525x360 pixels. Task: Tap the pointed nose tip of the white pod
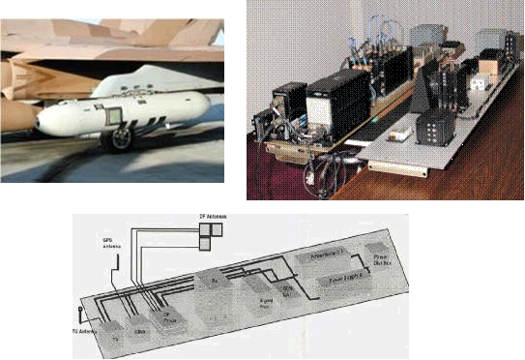point(36,123)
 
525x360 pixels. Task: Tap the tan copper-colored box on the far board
point(488,63)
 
